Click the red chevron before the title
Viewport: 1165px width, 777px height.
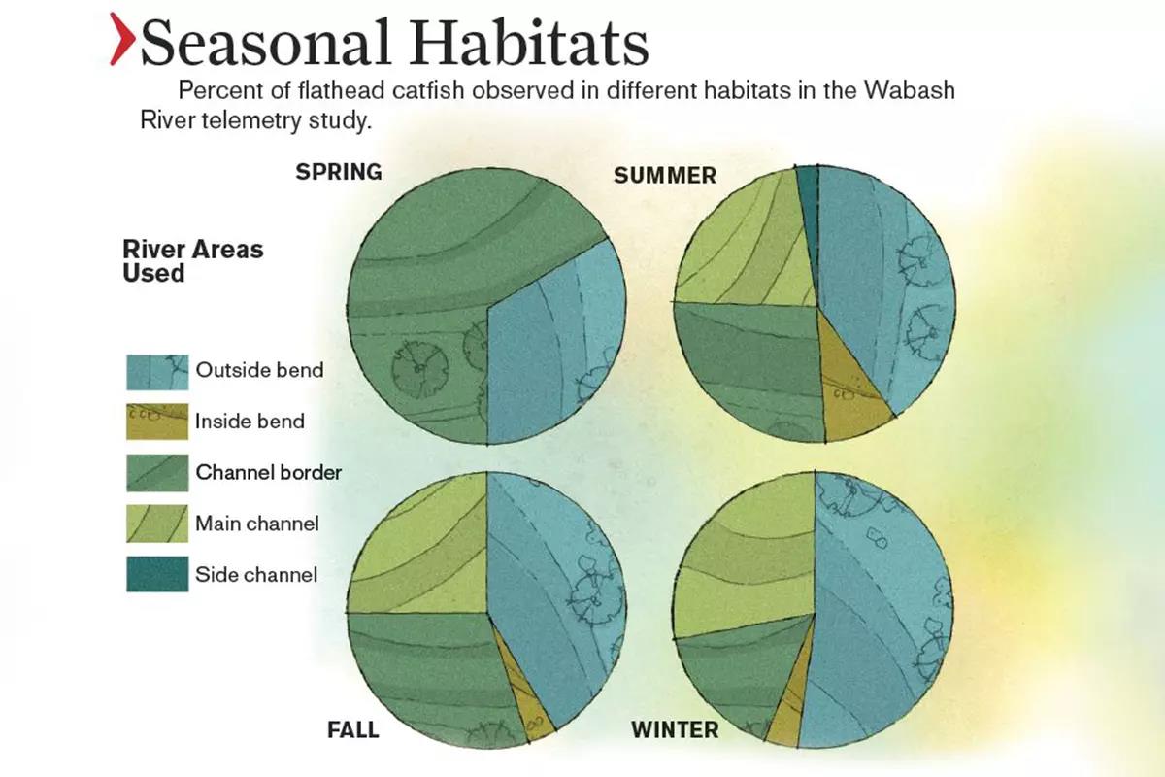pyautogui.click(x=121, y=39)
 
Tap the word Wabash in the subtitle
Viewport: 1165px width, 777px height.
pyautogui.click(x=910, y=90)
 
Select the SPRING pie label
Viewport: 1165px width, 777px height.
pyautogui.click(x=339, y=172)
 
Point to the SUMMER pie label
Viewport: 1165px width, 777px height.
pyautogui.click(x=665, y=176)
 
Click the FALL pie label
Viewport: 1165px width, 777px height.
pyautogui.click(x=353, y=729)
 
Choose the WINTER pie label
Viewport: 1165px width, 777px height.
pyautogui.click(x=675, y=729)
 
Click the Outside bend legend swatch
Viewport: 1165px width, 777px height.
pyautogui.click(x=157, y=372)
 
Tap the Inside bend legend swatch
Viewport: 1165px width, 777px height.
pyautogui.click(x=157, y=422)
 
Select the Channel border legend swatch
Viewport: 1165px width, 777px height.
pyautogui.click(x=157, y=473)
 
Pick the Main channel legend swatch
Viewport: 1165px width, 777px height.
pyautogui.click(x=157, y=524)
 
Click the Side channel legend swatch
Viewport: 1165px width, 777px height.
pyautogui.click(x=157, y=574)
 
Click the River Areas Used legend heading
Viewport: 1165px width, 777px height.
pyautogui.click(x=193, y=261)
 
